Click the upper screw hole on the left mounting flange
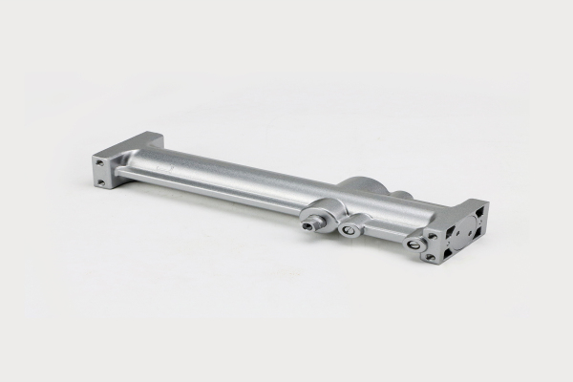tap(100, 164)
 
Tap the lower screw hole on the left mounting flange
tap(99, 179)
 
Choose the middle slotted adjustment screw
tap(350, 228)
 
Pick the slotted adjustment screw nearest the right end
tap(414, 244)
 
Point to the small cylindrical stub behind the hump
tap(401, 196)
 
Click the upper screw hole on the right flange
tap(434, 235)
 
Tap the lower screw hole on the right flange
tap(432, 256)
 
